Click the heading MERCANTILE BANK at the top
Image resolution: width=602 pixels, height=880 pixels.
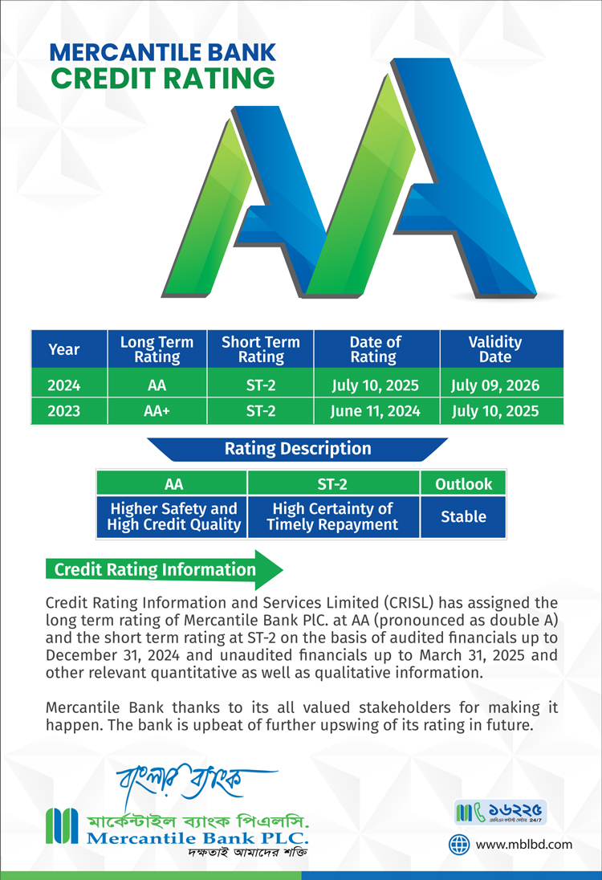(x=163, y=52)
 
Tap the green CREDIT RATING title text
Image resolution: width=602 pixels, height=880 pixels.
(x=163, y=78)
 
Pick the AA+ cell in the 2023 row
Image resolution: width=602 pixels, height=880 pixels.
(x=157, y=411)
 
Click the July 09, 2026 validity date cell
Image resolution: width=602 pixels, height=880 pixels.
(x=494, y=385)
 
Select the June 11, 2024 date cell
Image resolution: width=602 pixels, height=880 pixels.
(x=375, y=411)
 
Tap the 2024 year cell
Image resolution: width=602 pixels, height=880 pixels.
(x=64, y=385)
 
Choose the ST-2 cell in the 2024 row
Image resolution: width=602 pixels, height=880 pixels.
(x=260, y=385)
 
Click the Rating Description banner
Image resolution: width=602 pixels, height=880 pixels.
(x=297, y=449)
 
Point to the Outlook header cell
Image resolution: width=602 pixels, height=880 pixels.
(x=463, y=484)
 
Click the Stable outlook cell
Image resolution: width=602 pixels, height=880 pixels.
(x=463, y=516)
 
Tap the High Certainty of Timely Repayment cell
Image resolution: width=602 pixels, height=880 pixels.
(x=332, y=516)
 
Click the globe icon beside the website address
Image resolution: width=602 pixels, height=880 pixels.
(x=459, y=845)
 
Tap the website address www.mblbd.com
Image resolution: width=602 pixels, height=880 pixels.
(x=524, y=845)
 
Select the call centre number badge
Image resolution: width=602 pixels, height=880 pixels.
(x=500, y=812)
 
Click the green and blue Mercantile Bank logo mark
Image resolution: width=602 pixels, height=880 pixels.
(x=62, y=825)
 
